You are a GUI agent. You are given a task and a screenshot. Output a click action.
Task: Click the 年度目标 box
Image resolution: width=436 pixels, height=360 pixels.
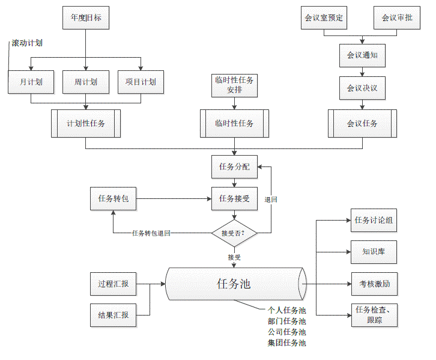click(86, 18)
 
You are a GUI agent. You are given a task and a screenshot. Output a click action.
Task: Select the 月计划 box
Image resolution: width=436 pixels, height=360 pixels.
click(31, 82)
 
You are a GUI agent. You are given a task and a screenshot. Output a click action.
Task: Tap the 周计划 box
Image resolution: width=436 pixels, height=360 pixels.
click(86, 82)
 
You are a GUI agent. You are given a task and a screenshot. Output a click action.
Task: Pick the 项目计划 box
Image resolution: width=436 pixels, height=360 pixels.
click(141, 82)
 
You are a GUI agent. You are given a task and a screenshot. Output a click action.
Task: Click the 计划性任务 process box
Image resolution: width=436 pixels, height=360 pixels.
click(86, 124)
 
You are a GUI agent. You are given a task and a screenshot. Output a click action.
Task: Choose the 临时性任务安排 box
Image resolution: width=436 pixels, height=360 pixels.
click(234, 85)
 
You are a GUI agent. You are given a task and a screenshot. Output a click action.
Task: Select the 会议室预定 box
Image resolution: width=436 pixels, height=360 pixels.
click(324, 18)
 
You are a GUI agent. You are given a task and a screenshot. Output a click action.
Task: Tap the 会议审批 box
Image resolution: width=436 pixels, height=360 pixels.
click(397, 18)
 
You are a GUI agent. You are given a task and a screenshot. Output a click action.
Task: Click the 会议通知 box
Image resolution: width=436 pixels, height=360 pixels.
click(362, 55)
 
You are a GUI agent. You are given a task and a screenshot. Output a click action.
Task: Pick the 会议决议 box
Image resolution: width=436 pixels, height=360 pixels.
click(362, 88)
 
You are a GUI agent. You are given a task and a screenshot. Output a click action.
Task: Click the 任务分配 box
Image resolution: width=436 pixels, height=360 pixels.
click(234, 166)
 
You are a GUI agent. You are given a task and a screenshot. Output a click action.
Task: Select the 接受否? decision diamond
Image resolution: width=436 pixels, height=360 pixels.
click(234, 233)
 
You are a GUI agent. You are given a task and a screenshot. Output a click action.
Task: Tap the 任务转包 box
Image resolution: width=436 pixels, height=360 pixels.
click(113, 198)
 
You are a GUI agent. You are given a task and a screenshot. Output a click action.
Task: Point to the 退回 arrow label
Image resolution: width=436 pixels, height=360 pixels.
click(270, 199)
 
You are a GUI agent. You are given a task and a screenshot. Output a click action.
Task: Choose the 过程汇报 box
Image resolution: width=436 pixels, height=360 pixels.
click(113, 284)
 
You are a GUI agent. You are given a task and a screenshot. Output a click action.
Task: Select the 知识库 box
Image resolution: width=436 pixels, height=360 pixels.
click(374, 252)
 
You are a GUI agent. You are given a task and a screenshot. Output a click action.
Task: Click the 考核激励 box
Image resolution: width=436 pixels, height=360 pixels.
click(374, 284)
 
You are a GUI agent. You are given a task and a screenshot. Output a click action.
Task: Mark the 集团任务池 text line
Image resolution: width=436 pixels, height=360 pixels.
click(287, 343)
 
